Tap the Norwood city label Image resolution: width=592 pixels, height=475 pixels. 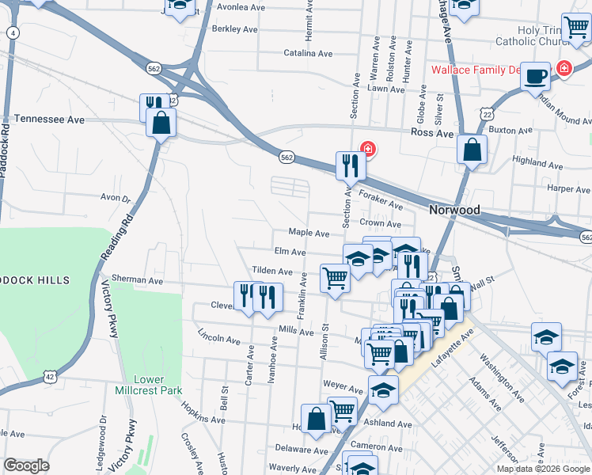[454, 210]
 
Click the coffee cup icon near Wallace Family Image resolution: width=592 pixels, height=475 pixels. [536, 76]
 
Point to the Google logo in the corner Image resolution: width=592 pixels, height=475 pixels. [26, 465]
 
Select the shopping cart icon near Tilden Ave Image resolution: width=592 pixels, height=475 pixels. [335, 279]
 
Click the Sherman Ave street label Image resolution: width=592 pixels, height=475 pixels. [137, 280]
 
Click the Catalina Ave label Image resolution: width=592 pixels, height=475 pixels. [309, 54]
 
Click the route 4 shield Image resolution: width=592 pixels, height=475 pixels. [12, 32]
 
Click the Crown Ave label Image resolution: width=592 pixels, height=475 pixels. [376, 224]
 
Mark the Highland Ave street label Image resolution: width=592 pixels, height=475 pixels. [537, 161]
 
